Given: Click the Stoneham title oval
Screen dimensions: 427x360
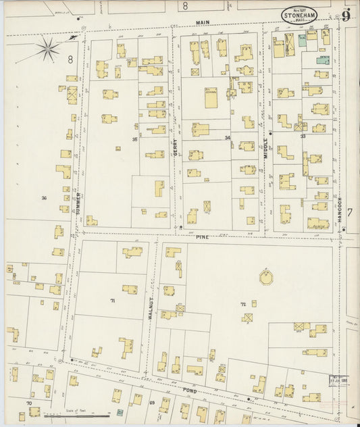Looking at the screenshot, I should pyautogui.click(x=303, y=14).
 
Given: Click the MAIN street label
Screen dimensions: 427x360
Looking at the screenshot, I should pyautogui.click(x=203, y=22).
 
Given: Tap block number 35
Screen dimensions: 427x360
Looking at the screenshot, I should pyautogui.click(x=135, y=140).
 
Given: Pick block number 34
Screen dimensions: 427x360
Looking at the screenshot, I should pyautogui.click(x=228, y=138).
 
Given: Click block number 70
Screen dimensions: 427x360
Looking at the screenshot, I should pyautogui.click(x=28, y=403).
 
